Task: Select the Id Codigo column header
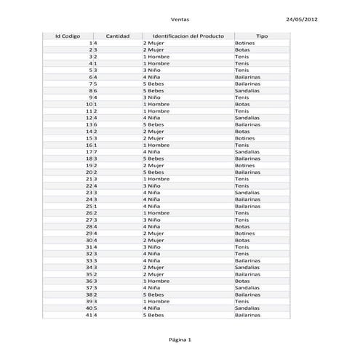tap(68, 36)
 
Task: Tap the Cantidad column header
tap(118, 36)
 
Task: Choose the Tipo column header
tap(262, 36)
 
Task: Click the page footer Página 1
tap(179, 340)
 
